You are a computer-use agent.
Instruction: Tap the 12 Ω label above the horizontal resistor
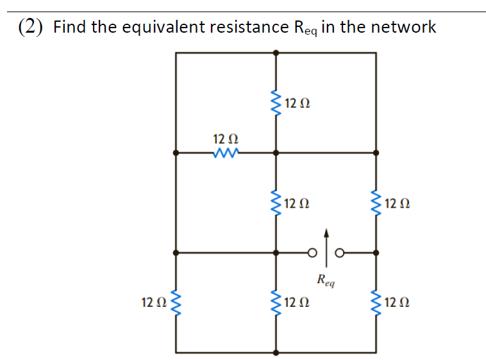pos(225,139)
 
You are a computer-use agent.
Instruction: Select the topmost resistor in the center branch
pos(276,103)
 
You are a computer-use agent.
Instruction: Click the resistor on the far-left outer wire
pos(176,302)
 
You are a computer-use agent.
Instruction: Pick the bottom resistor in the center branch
pos(276,302)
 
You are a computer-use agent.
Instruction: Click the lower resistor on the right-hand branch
pos(376,302)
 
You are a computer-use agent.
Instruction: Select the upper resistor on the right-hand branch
pos(376,204)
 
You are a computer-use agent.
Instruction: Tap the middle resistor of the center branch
pos(276,204)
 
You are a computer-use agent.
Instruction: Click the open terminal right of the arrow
pos(340,253)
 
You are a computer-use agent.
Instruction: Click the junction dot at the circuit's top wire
pos(276,54)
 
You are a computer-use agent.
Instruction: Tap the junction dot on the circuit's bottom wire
pos(276,352)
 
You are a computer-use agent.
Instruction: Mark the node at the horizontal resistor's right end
pos(276,153)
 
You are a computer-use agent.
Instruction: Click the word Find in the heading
pos(69,27)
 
